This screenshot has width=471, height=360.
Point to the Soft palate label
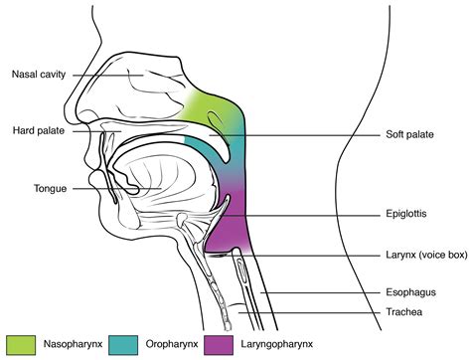point(409,134)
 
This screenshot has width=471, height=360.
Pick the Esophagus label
point(410,293)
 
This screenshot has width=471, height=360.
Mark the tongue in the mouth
point(159,179)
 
